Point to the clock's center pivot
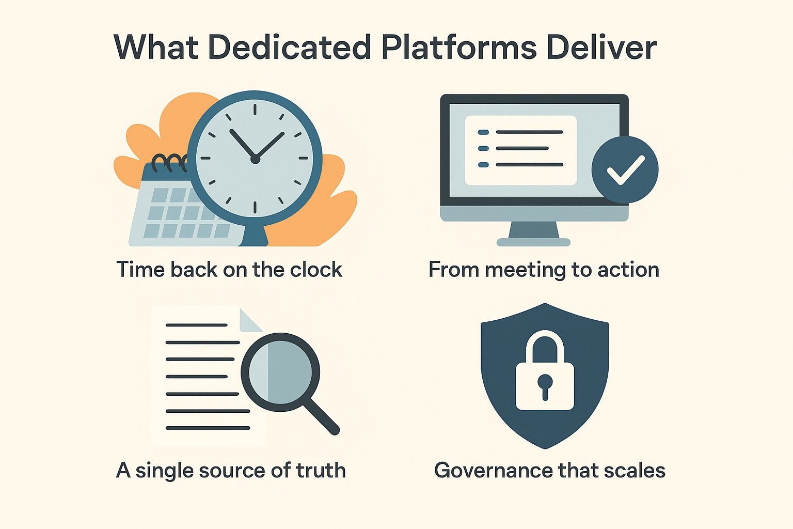[255, 160]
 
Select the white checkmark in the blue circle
[625, 170]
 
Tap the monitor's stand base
[533, 242]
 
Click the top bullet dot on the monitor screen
[483, 132]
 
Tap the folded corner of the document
[250, 320]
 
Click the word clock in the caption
[316, 270]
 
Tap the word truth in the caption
[321, 470]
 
